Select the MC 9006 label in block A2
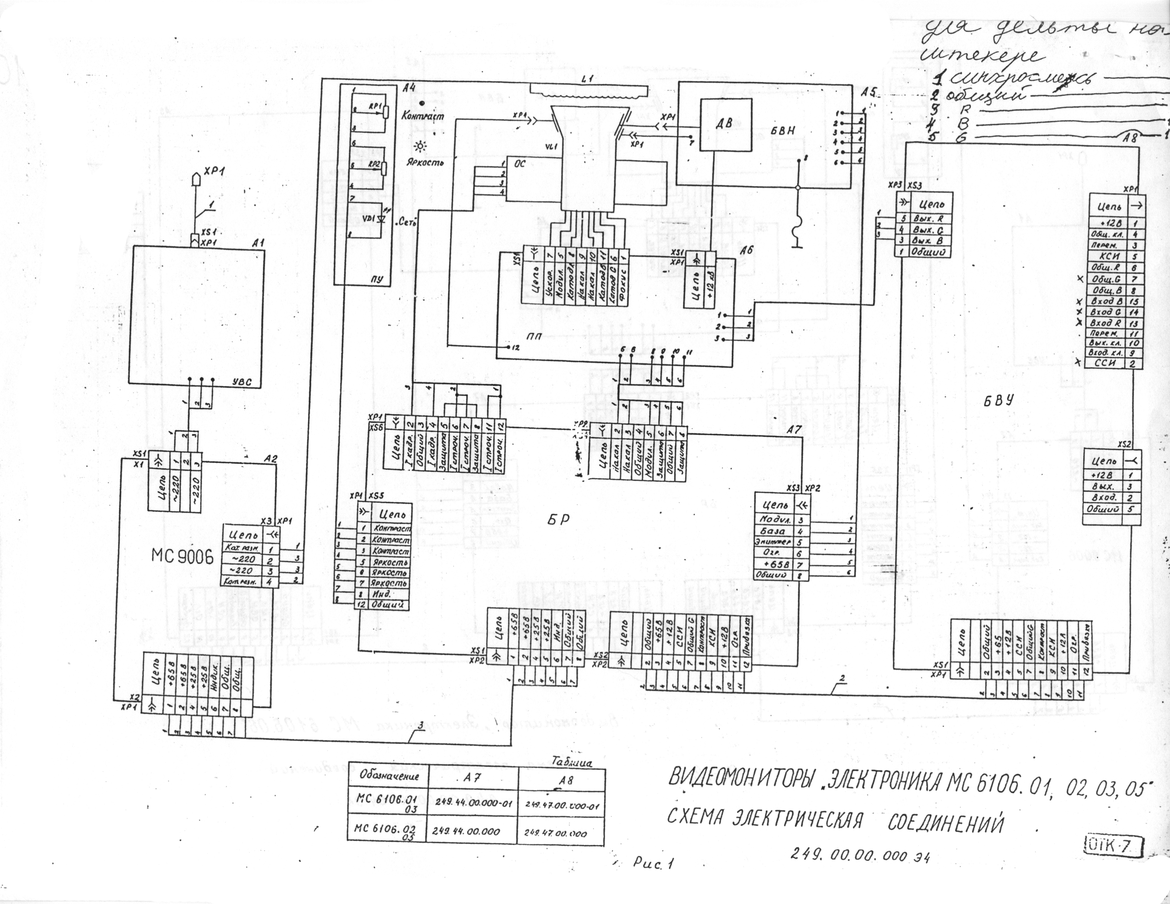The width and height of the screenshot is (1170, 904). (x=183, y=557)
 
